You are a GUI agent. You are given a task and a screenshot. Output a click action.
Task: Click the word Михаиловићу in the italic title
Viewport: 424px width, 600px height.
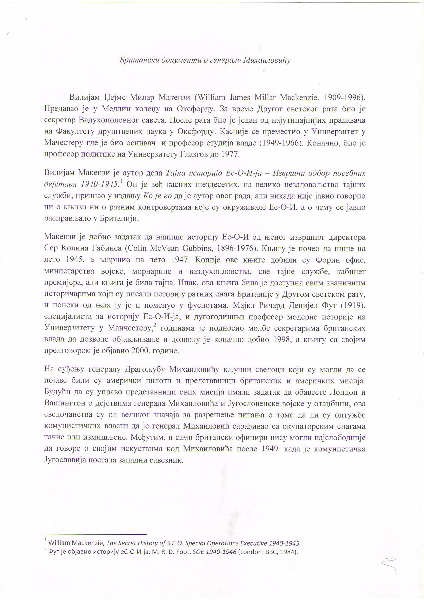tap(267, 60)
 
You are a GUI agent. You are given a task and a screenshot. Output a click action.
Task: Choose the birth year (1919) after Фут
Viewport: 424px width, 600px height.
tap(356, 305)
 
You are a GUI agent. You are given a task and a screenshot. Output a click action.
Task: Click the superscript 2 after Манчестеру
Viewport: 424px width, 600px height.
tap(155, 325)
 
